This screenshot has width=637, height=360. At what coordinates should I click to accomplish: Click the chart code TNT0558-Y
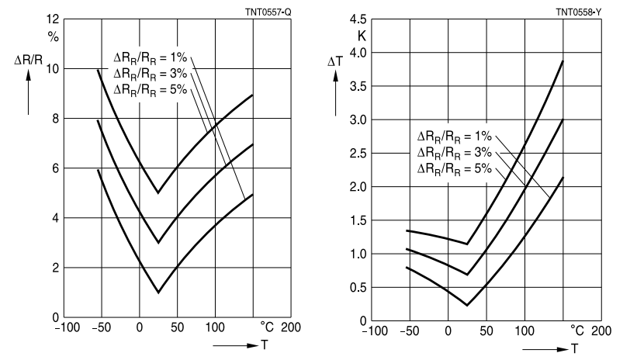pos(579,12)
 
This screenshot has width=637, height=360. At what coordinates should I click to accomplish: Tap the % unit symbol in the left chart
pos(54,36)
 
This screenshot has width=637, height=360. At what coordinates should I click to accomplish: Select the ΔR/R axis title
pos(29,58)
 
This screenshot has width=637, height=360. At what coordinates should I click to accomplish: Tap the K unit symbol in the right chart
pos(362,36)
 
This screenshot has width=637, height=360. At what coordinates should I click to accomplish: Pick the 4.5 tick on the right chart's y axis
pos(358,19)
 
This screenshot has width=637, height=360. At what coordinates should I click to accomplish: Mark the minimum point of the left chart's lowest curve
pos(158,292)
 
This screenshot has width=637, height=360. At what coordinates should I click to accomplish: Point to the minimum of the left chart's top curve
pos(158,193)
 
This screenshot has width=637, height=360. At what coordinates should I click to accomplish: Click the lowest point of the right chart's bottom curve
pos(467,305)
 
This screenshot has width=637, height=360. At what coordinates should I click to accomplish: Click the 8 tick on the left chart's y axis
pos(54,119)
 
